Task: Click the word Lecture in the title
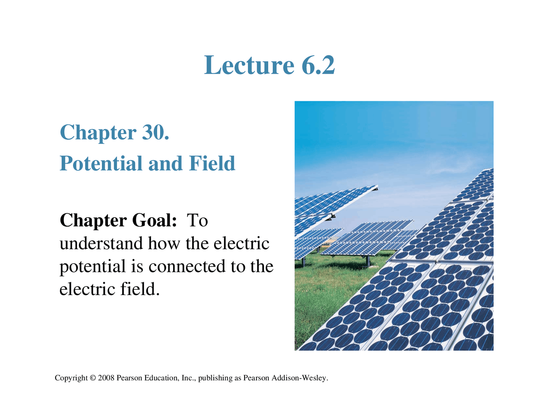click(249, 65)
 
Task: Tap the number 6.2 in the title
click(318, 65)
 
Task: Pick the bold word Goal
click(154, 221)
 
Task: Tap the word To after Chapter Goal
click(197, 221)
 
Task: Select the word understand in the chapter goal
click(101, 244)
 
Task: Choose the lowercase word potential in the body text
click(92, 266)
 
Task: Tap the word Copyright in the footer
click(71, 378)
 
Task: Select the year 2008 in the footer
click(106, 378)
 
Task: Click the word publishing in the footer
click(215, 378)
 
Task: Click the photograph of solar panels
click(394, 226)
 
